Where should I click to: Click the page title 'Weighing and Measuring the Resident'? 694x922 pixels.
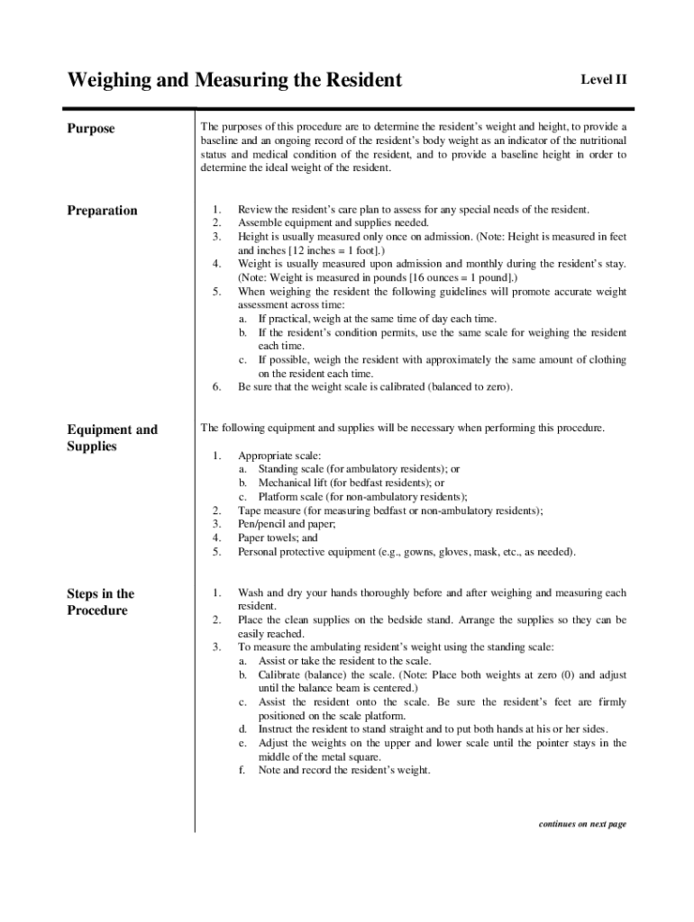(x=234, y=80)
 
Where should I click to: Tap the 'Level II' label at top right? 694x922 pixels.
(x=603, y=80)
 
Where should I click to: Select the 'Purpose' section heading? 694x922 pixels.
(x=91, y=129)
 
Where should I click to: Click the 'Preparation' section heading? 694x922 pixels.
(x=102, y=211)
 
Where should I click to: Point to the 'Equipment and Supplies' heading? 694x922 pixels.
(x=112, y=438)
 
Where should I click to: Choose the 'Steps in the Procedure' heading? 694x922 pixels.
(x=100, y=601)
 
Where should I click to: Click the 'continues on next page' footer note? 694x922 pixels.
(x=581, y=824)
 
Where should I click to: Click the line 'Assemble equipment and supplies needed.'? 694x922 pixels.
(x=333, y=223)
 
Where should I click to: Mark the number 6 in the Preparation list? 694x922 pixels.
(x=216, y=387)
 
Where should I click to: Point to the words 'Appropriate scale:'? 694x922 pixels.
(x=279, y=456)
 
